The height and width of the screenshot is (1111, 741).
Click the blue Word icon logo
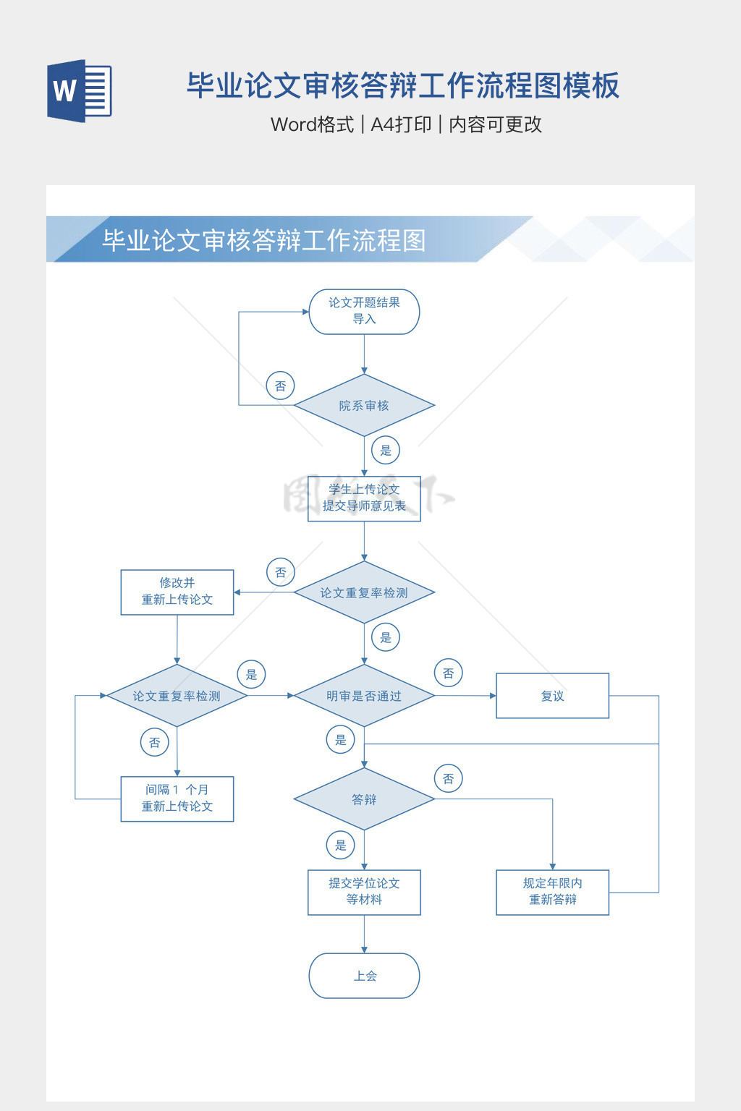coord(79,90)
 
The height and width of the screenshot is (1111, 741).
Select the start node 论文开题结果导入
coord(364,312)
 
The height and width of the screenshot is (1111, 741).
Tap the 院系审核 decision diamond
coord(364,405)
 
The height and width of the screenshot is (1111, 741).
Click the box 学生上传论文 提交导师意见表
coord(364,498)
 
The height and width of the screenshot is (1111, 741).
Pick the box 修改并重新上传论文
coord(177,592)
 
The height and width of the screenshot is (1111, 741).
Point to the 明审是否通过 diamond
coord(364,696)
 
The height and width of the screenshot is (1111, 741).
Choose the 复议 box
coord(552,696)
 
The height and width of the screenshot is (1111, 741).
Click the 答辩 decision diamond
coord(364,799)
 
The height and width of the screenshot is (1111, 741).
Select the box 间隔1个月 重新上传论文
coord(177,799)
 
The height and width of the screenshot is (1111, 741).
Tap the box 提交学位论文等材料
coord(364,892)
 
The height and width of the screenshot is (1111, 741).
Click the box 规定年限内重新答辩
coord(552,892)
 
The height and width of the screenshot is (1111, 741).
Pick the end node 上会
coord(364,976)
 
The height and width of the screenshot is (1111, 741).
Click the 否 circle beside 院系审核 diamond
coord(280,386)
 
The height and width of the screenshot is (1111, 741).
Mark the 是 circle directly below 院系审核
coord(386,450)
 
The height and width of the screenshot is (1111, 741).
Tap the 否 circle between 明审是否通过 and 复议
coord(449,673)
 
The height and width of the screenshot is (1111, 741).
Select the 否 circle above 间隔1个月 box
coord(154,742)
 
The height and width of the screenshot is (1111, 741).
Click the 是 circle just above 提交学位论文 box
coord(341,845)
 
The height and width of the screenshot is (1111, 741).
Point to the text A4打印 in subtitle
coord(401,124)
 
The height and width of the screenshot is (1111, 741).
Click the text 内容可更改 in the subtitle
coord(495,124)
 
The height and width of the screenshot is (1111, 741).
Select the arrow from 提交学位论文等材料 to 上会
coord(364,934)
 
